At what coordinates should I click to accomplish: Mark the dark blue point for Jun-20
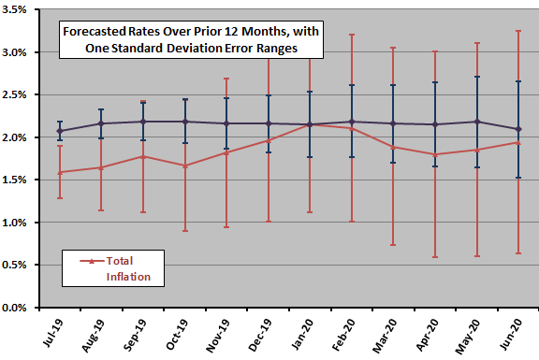pos(518,129)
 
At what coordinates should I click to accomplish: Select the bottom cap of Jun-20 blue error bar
pos(518,178)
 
